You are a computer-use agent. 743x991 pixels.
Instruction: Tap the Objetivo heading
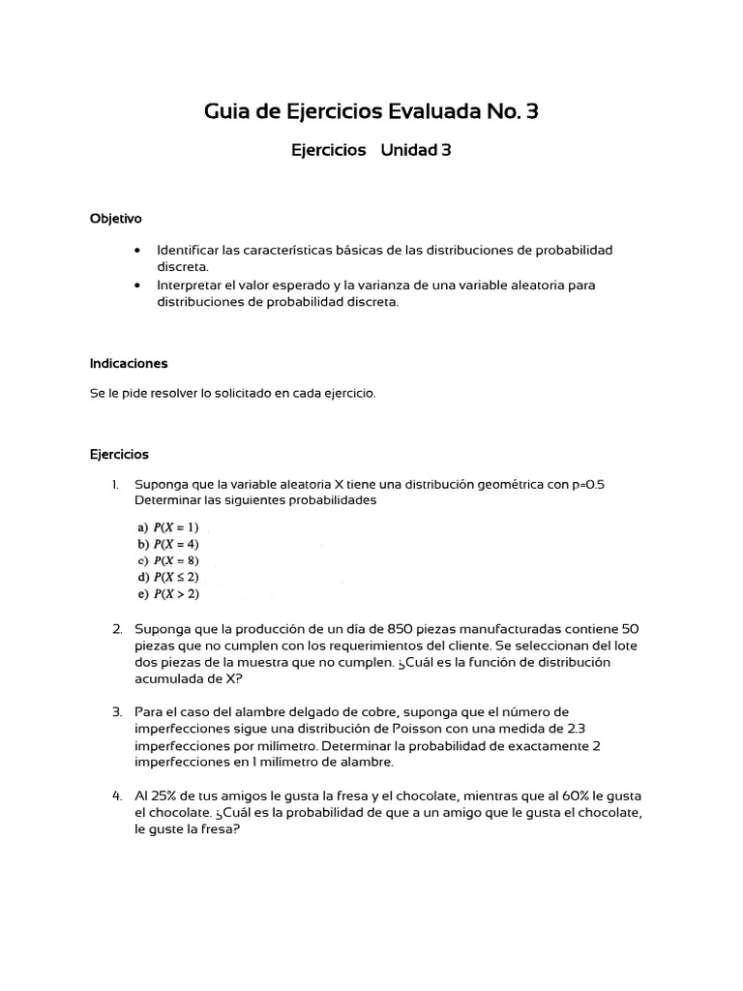(x=115, y=219)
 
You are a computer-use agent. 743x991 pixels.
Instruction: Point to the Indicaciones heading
(x=129, y=363)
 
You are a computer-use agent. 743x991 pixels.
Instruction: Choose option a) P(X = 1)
(x=168, y=527)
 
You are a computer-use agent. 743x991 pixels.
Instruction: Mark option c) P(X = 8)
(x=168, y=560)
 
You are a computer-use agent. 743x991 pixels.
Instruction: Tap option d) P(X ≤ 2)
(x=168, y=577)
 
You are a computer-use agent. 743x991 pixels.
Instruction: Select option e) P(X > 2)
(x=168, y=593)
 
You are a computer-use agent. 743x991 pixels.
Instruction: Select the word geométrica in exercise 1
(x=508, y=484)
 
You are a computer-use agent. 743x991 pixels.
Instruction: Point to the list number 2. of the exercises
(x=117, y=628)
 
